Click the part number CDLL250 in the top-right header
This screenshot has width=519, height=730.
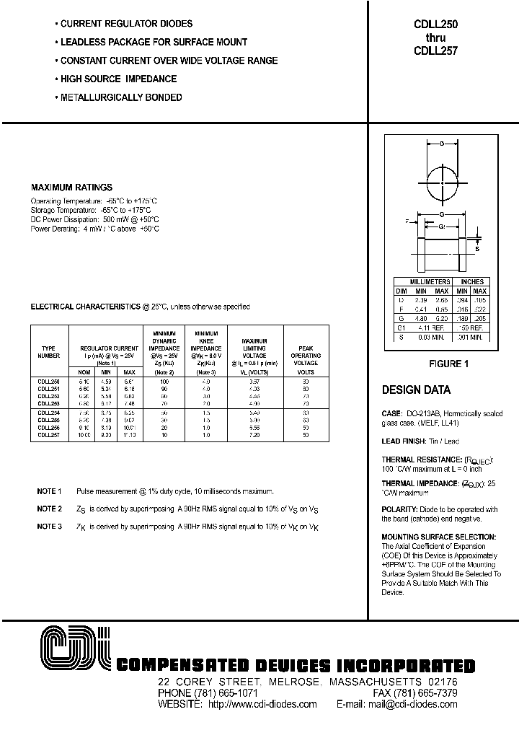[436, 24]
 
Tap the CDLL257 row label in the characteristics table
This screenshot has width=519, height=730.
[49, 435]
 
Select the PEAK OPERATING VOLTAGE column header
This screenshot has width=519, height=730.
[306, 355]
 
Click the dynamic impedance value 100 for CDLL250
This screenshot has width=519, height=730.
[165, 380]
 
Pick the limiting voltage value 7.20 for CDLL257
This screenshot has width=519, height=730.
[254, 435]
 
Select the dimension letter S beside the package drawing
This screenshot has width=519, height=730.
[476, 248]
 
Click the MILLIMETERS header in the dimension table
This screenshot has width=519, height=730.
[430, 281]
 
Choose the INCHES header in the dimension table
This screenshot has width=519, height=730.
[472, 281]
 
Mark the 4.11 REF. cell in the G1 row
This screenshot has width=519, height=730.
[430, 328]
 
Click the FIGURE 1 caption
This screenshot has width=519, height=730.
[448, 364]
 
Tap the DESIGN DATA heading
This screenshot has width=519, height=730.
[416, 390]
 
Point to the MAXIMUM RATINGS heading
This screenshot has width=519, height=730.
[71, 188]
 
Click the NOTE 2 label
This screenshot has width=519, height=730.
[50, 509]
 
